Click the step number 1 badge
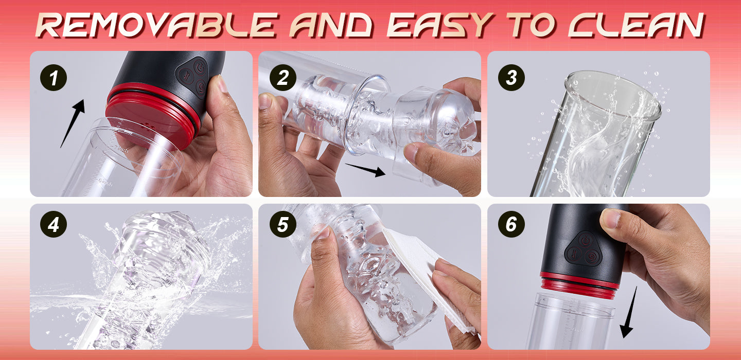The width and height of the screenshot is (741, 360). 54,78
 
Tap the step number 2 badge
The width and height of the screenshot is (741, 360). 283,78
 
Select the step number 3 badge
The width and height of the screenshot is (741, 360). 511,78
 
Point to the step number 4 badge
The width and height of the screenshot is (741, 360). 54,224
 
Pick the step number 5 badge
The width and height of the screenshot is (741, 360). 283,224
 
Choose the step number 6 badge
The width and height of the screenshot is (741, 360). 511,224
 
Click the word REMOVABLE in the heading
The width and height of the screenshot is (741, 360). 155,25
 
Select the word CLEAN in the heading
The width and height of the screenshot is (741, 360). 637,25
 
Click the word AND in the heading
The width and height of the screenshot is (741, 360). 331,25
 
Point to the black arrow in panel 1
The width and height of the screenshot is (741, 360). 72,123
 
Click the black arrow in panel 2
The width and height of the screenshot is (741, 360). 365,170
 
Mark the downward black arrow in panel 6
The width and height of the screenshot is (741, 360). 628,312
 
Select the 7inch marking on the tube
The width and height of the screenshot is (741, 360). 121,149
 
